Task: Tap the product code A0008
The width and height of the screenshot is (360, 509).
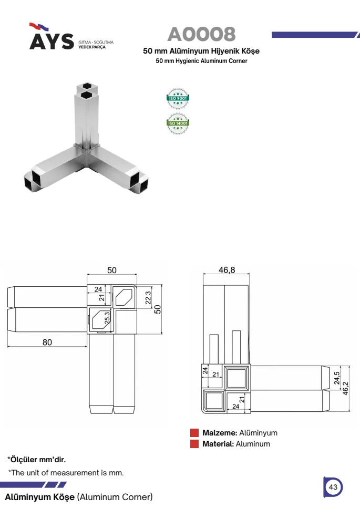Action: point(201,34)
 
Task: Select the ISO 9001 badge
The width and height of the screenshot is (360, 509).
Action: point(178,98)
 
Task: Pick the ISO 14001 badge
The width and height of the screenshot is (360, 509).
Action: point(178,123)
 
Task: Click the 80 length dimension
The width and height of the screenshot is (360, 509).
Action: point(47,342)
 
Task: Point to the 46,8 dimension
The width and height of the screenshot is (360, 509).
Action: point(227,270)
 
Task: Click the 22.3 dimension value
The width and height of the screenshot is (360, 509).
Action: point(148,298)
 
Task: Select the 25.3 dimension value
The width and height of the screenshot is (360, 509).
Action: point(107,318)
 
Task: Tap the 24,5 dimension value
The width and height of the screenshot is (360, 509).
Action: point(336,378)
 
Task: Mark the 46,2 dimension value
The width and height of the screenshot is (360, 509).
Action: point(345,388)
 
